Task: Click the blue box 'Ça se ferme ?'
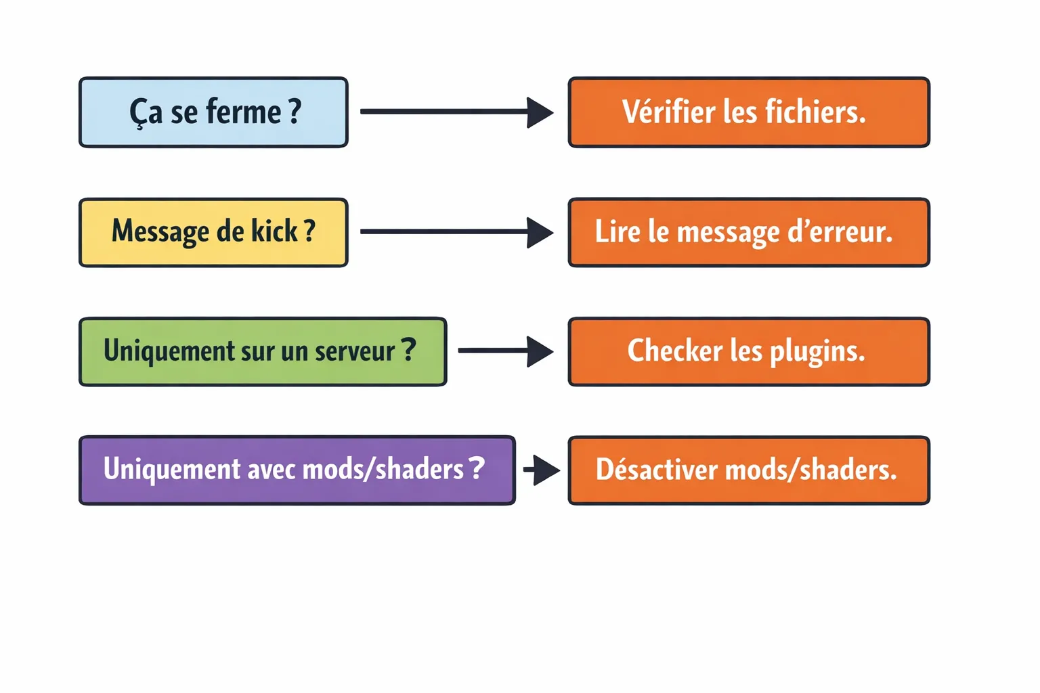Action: [x=213, y=112]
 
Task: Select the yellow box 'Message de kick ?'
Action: [x=213, y=232]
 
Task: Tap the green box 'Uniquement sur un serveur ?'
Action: [x=263, y=352]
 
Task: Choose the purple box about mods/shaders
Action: [x=297, y=470]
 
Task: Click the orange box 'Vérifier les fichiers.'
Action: [x=748, y=112]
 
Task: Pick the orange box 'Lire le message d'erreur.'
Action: [x=748, y=232]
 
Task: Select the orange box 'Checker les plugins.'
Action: [x=748, y=352]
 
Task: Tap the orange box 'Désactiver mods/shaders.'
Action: [x=748, y=470]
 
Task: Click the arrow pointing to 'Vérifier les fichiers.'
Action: [x=457, y=112]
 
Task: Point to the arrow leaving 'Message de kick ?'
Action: [x=457, y=232]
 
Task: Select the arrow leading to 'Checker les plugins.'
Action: [x=506, y=351]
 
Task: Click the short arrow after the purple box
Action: [x=542, y=470]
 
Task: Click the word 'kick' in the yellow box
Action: [x=274, y=231]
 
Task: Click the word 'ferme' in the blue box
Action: [x=244, y=112]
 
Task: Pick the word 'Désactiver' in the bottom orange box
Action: [x=656, y=470]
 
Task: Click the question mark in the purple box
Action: [x=477, y=468]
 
